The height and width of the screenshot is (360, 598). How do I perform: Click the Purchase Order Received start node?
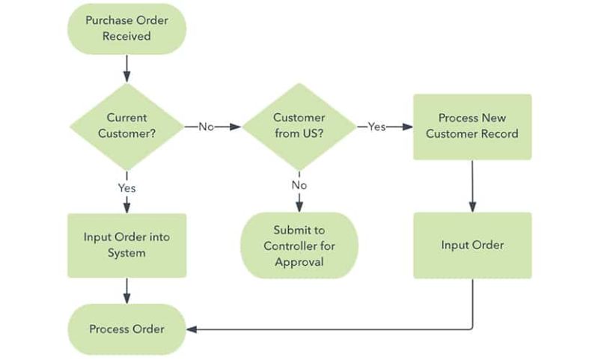(x=126, y=28)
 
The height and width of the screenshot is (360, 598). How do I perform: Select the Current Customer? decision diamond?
(x=126, y=126)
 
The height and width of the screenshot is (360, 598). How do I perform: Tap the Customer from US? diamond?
(x=299, y=126)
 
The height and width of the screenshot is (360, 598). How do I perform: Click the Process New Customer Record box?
(x=472, y=126)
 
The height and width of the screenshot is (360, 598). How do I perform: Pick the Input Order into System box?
(x=126, y=245)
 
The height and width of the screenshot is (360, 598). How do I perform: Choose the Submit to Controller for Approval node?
(x=299, y=245)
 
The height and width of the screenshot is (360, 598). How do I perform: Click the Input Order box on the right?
(x=472, y=245)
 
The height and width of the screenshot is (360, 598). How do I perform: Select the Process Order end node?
(x=126, y=329)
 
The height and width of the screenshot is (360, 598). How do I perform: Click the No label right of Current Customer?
(x=206, y=127)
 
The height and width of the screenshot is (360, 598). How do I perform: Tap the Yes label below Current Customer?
(x=126, y=188)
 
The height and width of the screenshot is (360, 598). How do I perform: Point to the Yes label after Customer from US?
(x=376, y=127)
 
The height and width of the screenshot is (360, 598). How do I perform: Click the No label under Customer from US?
(x=299, y=185)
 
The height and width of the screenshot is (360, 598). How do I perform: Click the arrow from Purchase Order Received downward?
(x=126, y=68)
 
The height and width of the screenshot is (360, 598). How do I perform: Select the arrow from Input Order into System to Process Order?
(x=126, y=290)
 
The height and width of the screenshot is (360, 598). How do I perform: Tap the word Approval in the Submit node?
(x=299, y=262)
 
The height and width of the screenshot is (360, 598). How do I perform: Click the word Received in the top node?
(x=126, y=36)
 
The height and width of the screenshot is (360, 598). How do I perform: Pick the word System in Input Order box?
(x=126, y=253)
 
